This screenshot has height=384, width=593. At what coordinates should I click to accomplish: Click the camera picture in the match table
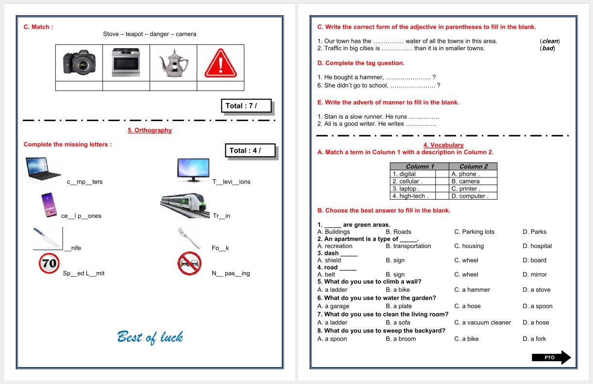(79, 62)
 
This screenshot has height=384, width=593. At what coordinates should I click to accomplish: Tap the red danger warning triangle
(220, 63)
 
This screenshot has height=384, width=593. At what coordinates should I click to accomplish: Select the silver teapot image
(174, 63)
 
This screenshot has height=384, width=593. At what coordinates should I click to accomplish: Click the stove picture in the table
(126, 62)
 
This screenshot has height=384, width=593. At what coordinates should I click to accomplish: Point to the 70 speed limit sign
(49, 263)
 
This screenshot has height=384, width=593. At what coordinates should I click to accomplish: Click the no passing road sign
(189, 263)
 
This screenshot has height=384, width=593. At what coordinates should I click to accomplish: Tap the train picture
(184, 206)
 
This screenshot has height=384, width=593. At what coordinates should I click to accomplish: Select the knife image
(47, 238)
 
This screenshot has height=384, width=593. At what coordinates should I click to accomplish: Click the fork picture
(189, 238)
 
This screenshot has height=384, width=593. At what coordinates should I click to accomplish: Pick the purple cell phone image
(49, 205)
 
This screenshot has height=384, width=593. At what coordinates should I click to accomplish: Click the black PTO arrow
(551, 357)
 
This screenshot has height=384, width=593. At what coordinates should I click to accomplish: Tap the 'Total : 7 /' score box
(246, 106)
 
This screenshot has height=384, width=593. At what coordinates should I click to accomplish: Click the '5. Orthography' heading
(150, 130)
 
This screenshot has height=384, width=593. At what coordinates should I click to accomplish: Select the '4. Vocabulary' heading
(443, 145)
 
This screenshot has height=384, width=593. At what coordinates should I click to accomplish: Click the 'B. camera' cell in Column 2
(473, 181)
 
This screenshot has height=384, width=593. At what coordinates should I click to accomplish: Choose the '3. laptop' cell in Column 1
(412, 189)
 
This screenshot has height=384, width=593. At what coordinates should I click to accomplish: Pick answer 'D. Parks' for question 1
(534, 232)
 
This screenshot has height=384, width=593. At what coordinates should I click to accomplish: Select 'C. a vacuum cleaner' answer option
(482, 323)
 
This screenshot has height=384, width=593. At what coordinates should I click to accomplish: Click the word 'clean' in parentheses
(550, 41)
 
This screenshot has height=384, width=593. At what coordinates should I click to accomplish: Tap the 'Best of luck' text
(150, 337)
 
